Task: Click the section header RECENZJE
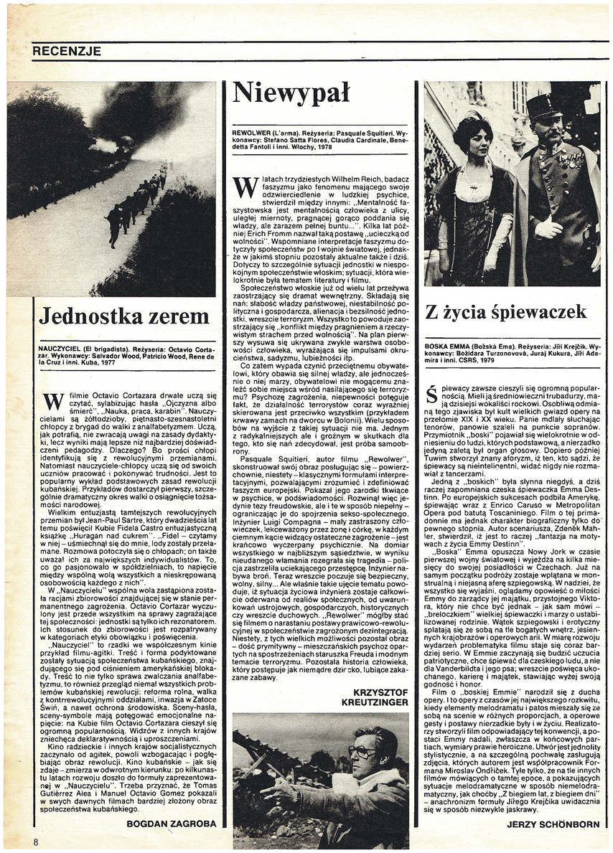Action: (67, 51)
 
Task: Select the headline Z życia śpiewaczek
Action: (506, 312)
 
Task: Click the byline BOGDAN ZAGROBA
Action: (170, 824)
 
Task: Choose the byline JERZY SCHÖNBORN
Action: (553, 824)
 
